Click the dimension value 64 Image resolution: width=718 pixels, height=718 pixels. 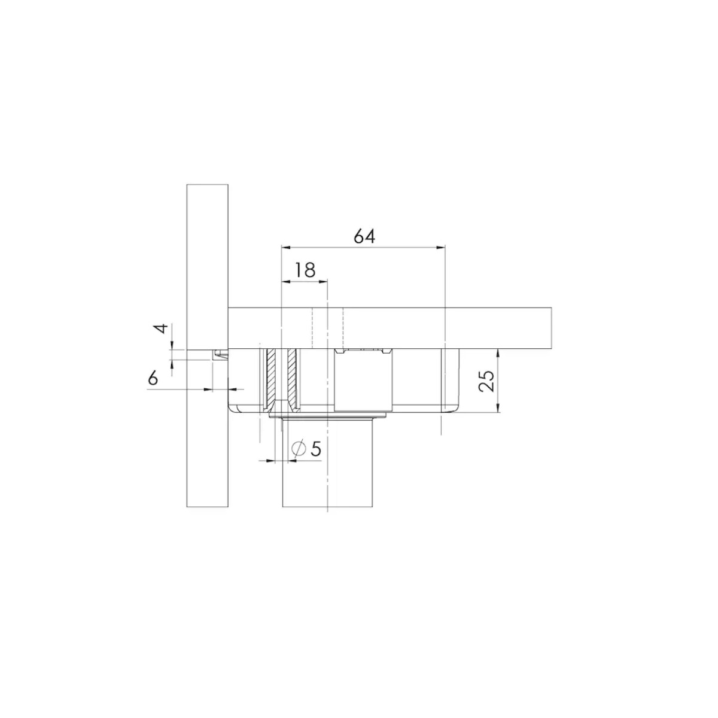click(364, 236)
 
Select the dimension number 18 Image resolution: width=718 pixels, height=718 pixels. click(305, 270)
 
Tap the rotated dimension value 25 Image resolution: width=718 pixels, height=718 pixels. click(486, 381)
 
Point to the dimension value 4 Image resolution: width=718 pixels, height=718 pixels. click(161, 329)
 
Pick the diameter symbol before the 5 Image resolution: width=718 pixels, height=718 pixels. click(299, 449)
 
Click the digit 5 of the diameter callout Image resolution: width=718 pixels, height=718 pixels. click(315, 449)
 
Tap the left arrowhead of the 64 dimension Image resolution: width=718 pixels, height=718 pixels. click(285, 247)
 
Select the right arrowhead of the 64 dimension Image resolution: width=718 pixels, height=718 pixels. click(441, 247)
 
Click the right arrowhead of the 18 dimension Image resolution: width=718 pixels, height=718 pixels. click(323, 282)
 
